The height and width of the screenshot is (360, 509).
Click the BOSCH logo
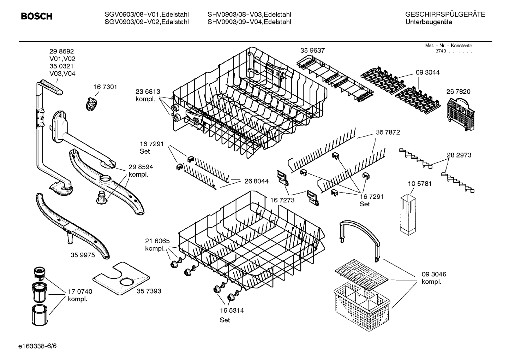tap(36, 17)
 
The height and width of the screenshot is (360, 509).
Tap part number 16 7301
tap(105, 87)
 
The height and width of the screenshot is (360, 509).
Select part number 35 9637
tap(312, 51)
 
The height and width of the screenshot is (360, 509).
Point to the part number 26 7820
tap(458, 92)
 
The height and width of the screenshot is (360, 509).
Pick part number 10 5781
tap(420, 184)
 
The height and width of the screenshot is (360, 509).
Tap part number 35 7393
tap(149, 291)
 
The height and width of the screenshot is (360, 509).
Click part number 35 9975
tap(83, 255)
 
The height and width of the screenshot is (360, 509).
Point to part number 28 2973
tap(459, 155)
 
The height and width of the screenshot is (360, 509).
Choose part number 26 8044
tap(256, 181)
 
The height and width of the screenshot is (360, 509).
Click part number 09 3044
tap(427, 72)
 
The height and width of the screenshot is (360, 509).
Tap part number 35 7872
tap(388, 132)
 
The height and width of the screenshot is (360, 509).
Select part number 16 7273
tap(282, 200)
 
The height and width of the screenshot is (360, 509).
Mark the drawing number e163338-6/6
tap(37, 346)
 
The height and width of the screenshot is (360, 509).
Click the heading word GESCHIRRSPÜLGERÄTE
tap(445, 14)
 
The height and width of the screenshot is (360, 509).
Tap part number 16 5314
tap(232, 311)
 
